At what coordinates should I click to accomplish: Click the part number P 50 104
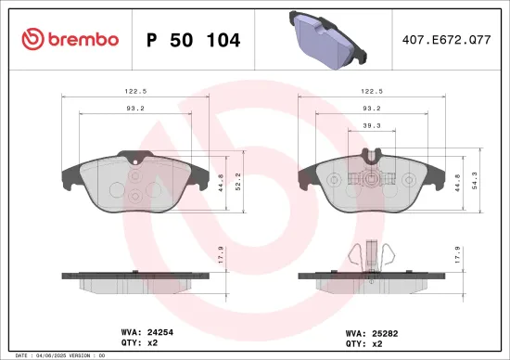click(194, 40)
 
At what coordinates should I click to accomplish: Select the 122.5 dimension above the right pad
click(373, 92)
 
